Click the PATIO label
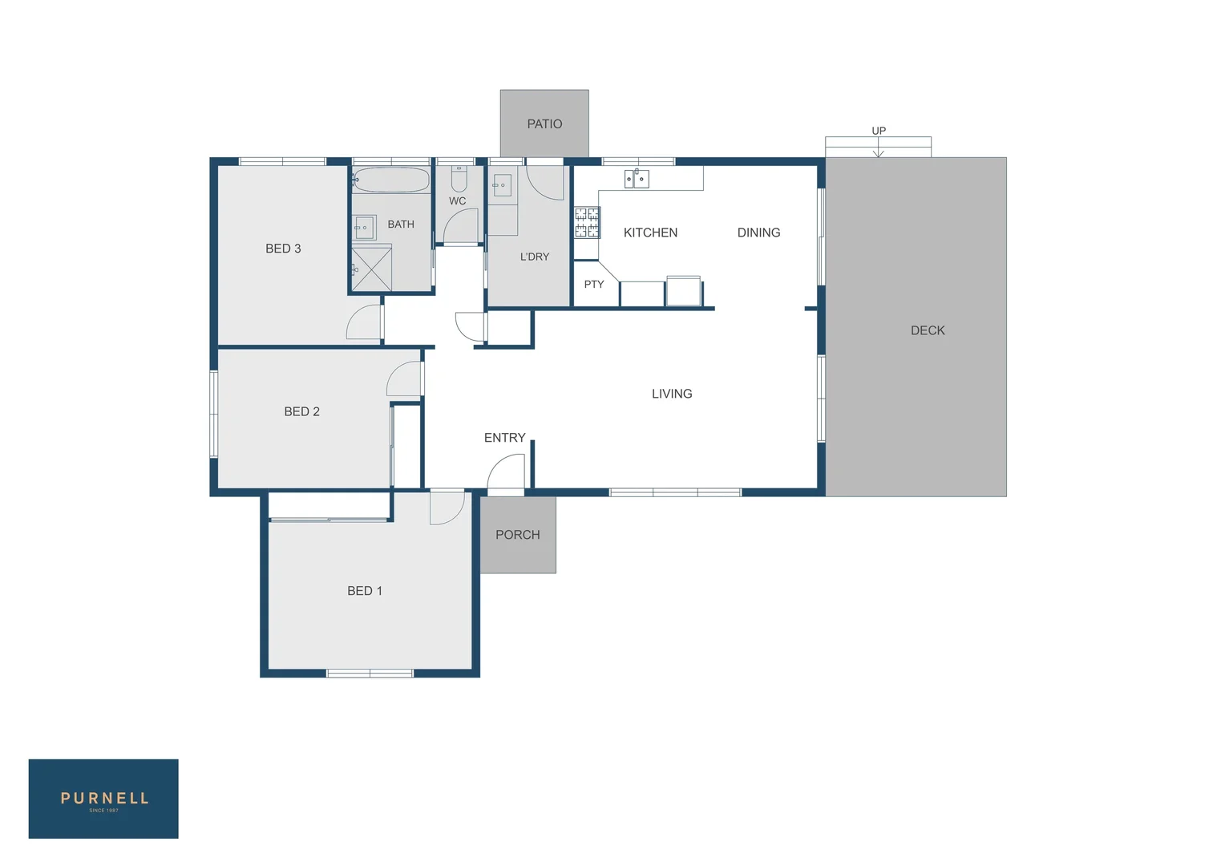[x=544, y=124]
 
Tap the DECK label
[x=928, y=330]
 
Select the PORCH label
[x=517, y=535]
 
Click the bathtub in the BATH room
[x=391, y=180]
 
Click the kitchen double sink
[x=637, y=178]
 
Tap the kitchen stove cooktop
[x=587, y=222]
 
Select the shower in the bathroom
[x=372, y=269]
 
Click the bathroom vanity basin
[x=365, y=228]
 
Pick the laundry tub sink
[x=502, y=185]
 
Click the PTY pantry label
[x=594, y=285]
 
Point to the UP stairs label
[x=879, y=131]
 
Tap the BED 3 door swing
[x=365, y=322]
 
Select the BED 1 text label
[x=365, y=591]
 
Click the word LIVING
[x=672, y=394]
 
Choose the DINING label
[x=758, y=233]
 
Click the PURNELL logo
[x=103, y=799]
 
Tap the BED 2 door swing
[x=405, y=379]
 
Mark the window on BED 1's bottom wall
[x=370, y=673]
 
